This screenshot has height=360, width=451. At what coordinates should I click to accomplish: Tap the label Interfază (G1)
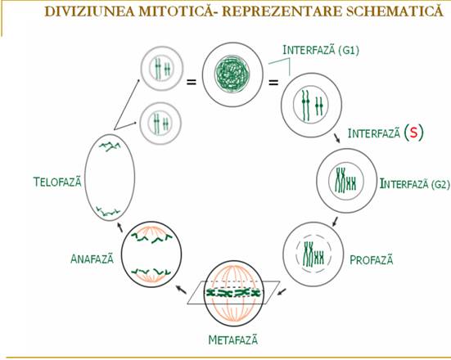321,50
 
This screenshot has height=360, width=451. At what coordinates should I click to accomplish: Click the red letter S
413,133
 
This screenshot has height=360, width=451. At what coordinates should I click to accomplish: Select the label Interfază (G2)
414,184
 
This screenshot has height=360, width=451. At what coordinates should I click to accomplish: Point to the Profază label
371,260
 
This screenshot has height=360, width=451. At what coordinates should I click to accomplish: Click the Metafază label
232,340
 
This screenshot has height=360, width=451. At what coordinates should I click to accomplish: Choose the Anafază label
92,259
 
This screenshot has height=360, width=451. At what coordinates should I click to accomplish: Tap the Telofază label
57,182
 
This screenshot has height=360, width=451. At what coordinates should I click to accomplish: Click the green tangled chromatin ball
232,72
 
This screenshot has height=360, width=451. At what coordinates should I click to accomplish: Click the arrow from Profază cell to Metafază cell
282,291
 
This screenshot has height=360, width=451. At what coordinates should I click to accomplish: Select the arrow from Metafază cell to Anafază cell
181,290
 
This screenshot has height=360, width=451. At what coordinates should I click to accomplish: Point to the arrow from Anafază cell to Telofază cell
120,227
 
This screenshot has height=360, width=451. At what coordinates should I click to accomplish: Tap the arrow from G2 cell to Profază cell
335,222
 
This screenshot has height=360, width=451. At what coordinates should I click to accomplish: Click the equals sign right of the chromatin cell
273,83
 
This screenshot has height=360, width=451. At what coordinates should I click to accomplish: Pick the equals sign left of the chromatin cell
192,83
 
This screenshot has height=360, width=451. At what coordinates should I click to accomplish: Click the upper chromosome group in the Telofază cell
110,146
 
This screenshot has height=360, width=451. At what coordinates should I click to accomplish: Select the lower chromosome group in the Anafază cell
151,272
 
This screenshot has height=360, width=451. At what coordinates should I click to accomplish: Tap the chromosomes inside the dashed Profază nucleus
313,254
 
